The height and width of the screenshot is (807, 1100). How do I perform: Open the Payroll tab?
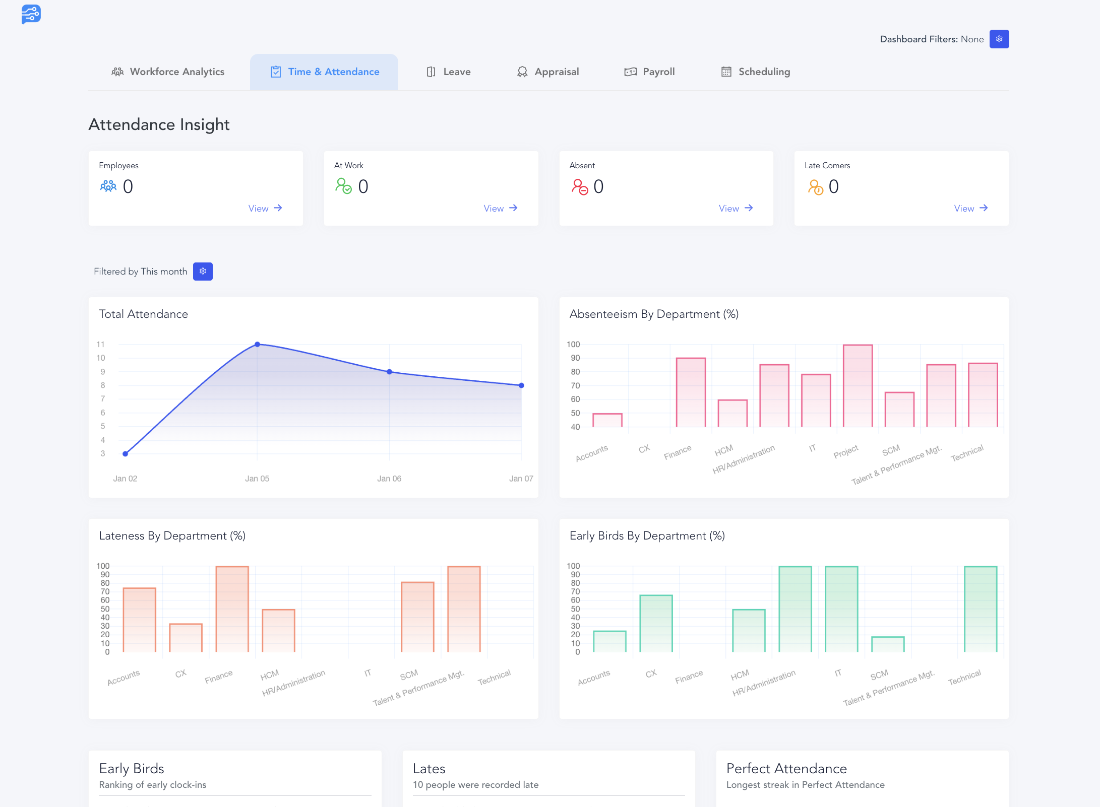click(649, 72)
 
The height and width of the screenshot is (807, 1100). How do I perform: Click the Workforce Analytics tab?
click(168, 72)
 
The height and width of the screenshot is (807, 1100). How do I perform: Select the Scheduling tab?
click(756, 72)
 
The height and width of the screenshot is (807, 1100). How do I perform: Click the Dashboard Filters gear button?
click(999, 39)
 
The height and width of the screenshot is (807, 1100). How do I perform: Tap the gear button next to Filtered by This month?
click(203, 272)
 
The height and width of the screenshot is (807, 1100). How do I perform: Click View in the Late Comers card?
click(970, 208)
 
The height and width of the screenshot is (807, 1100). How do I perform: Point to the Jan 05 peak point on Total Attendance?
click(257, 345)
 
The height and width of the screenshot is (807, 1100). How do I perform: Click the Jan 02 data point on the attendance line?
click(126, 454)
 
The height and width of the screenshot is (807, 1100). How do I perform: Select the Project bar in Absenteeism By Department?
click(858, 386)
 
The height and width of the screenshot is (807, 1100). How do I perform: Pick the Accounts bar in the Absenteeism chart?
click(607, 420)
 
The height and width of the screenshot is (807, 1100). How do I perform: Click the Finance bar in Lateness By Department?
click(232, 609)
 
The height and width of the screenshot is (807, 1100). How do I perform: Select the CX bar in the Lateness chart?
click(186, 638)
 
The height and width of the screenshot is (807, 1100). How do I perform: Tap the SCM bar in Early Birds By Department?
click(888, 644)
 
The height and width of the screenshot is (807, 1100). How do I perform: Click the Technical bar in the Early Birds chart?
click(981, 609)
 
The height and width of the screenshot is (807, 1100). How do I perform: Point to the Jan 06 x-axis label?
click(389, 479)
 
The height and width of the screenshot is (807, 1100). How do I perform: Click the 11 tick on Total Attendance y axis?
click(101, 345)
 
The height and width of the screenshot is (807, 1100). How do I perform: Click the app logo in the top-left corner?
click(31, 14)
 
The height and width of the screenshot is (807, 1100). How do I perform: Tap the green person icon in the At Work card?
click(343, 186)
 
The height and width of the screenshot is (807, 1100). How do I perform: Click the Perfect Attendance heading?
click(786, 769)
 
